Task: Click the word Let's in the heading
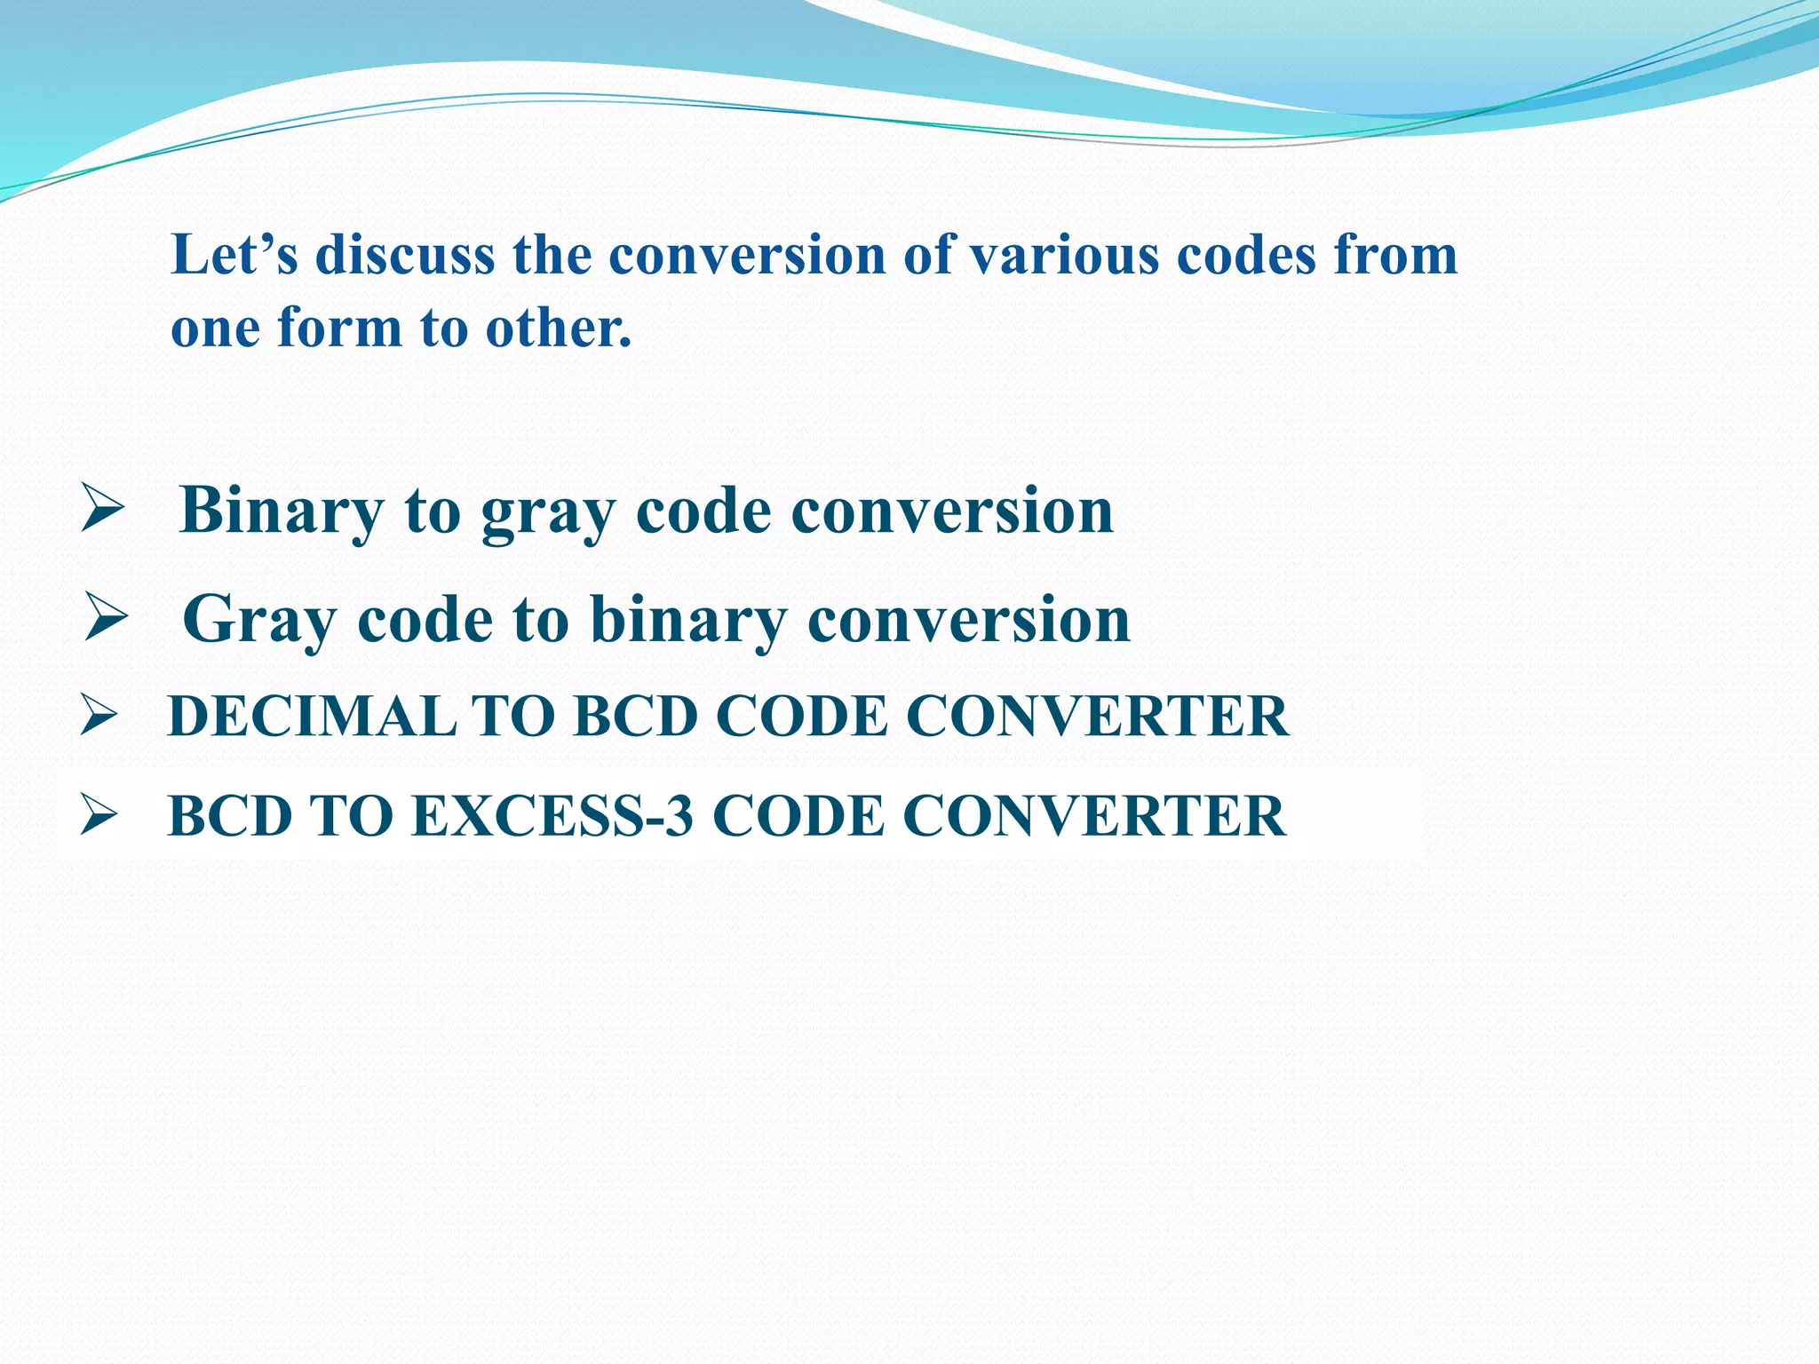click(x=234, y=255)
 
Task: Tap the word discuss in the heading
click(x=405, y=255)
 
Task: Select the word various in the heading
click(x=1063, y=255)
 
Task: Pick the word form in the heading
click(x=340, y=327)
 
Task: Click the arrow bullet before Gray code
click(x=106, y=617)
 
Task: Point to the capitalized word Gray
click(x=258, y=620)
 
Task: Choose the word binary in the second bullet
click(x=688, y=620)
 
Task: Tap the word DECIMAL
click(x=311, y=716)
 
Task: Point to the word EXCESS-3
click(x=552, y=815)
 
